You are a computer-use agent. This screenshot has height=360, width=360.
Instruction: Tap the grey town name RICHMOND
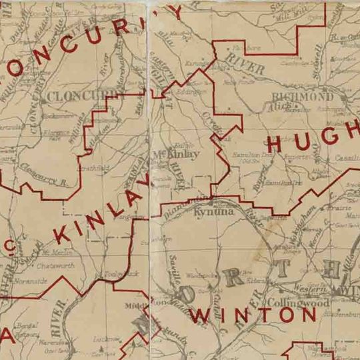click(x=303, y=97)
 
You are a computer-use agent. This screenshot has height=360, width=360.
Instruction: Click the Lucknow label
click(x=103, y=339)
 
